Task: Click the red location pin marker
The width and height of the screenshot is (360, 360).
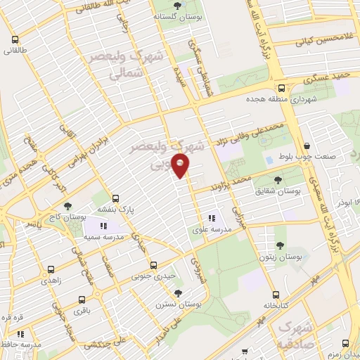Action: pyautogui.click(x=181, y=166)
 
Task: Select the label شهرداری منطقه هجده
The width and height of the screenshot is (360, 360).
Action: pyautogui.click(x=283, y=99)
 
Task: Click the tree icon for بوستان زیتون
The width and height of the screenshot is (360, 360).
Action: pyautogui.click(x=280, y=246)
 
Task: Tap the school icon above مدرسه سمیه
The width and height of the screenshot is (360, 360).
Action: pyautogui.click(x=102, y=226)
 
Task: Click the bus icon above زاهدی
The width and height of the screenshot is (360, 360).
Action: pyautogui.click(x=51, y=269)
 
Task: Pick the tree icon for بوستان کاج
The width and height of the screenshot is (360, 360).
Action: pyautogui.click(x=67, y=207)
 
